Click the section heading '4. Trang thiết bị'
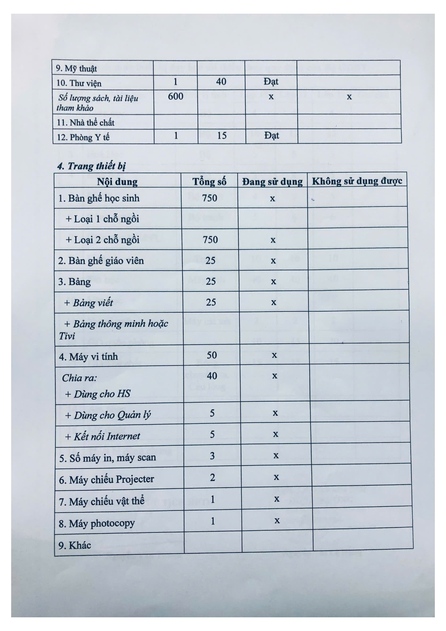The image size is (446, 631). (x=91, y=166)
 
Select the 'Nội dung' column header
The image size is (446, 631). (x=117, y=181)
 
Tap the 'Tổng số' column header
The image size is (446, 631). (x=209, y=181)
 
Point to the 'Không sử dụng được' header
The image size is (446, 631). (x=357, y=181)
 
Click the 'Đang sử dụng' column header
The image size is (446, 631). (x=272, y=181)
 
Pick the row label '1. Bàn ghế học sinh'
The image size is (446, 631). (x=99, y=198)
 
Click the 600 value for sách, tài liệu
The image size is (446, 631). (x=176, y=96)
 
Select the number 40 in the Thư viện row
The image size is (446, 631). (x=221, y=82)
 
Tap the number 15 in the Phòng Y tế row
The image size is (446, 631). (x=222, y=136)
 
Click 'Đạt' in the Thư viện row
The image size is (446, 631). (x=271, y=82)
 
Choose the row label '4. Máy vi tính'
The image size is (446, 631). (x=89, y=357)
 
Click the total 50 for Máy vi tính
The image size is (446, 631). (x=212, y=355)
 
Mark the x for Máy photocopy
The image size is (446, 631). (x=277, y=520)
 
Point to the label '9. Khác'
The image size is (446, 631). (x=75, y=545)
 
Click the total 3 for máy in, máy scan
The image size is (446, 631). (x=212, y=455)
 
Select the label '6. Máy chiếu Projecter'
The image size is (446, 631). (x=107, y=479)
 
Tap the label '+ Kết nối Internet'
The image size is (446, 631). (x=103, y=436)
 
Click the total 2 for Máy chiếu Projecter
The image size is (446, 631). (x=212, y=477)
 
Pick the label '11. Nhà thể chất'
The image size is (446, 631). (x=86, y=122)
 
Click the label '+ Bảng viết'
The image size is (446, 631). (x=89, y=302)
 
